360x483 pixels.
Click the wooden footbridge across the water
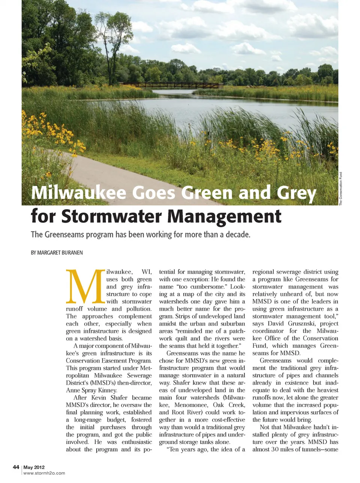coord(172,85)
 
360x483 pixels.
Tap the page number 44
coord(16,467)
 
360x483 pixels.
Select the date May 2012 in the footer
coord(34,467)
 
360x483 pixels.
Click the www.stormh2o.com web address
coord(44,473)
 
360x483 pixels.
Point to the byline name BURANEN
coord(71,253)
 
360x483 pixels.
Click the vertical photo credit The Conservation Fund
coord(341,189)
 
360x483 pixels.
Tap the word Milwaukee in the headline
coord(79,193)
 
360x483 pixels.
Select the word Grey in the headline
coord(296,193)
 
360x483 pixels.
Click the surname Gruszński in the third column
coord(314,324)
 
